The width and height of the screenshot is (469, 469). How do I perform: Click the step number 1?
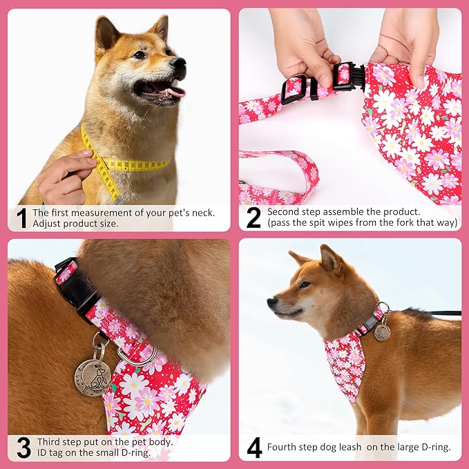[x=21, y=218]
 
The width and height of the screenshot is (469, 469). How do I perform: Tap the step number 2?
[x=253, y=218]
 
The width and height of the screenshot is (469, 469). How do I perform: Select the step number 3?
[x=23, y=448]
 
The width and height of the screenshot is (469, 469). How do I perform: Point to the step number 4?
[x=254, y=448]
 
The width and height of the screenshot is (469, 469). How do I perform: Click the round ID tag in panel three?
[x=93, y=377]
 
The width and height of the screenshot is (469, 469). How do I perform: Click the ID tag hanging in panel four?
[x=382, y=332]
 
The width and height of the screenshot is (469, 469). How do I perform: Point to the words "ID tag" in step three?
[x=46, y=454]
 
